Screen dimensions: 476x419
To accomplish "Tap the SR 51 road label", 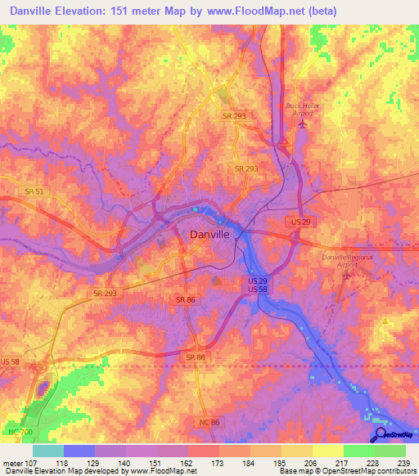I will (34, 191).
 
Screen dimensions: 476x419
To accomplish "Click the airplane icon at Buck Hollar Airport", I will (304, 124).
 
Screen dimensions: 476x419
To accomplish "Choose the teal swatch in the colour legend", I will (47, 451).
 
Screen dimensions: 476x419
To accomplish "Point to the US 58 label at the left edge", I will (11, 361).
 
